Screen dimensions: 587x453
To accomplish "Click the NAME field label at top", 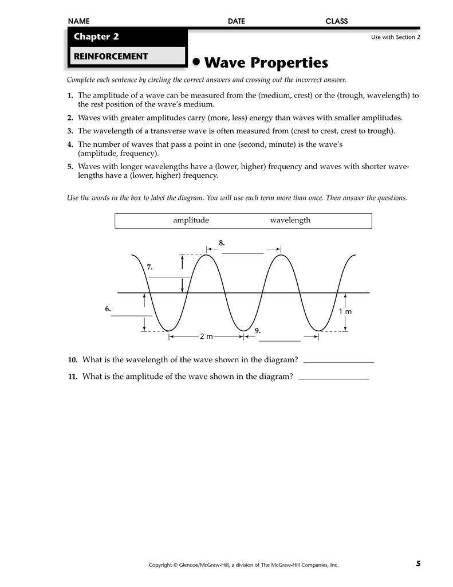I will pos(78,21).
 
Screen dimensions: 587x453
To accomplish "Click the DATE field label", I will pos(236,21).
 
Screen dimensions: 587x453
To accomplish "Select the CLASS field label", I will pos(337,21).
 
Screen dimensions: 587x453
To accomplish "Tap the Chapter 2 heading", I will pos(96,37).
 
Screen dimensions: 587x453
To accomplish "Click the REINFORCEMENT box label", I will pos(109,56).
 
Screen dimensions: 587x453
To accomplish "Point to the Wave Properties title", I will pos(266,62).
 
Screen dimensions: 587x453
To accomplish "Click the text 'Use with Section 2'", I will pos(396,37).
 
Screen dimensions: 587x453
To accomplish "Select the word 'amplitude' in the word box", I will pos(191,220).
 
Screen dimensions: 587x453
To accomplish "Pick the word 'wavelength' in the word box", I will pos(290,220).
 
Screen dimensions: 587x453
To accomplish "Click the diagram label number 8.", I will pos(222,243).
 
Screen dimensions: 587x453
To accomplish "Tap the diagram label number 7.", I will pos(149,267).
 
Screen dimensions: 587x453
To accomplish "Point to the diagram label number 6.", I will pos(107,309).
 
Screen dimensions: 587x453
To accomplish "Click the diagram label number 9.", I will pos(258,331).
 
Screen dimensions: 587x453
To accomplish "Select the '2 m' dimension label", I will pos(206,336).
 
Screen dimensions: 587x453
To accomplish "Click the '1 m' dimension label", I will pos(345,311).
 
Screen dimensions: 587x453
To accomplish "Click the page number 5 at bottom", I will pos(418,564).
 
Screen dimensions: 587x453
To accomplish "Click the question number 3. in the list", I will pos(70,131).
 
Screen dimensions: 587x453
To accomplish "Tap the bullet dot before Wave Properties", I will pos(196,61).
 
